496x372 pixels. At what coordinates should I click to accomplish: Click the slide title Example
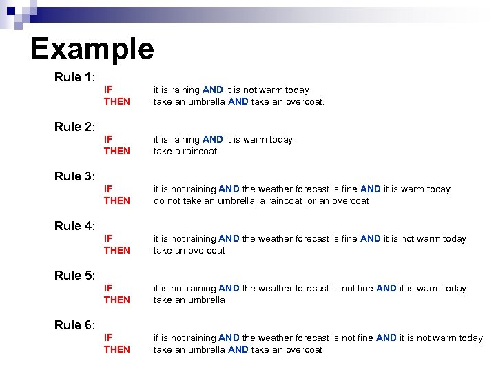click(x=92, y=48)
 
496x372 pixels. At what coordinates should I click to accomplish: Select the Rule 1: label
click(x=74, y=77)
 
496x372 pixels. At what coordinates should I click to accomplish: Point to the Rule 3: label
click(x=74, y=176)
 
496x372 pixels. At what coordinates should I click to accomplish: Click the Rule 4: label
click(x=74, y=226)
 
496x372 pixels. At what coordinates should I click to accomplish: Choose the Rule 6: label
click(x=74, y=325)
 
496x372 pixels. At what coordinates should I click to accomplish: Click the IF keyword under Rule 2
click(x=108, y=139)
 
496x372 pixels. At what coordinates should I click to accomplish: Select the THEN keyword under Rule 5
click(x=116, y=300)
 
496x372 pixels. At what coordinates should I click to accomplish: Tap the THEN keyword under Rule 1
click(x=116, y=101)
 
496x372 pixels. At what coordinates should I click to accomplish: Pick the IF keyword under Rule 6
click(x=108, y=338)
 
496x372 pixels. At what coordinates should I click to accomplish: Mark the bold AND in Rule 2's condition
click(x=213, y=139)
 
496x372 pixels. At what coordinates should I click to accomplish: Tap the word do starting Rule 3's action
click(x=158, y=200)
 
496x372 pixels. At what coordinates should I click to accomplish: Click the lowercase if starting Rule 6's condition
click(x=156, y=338)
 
